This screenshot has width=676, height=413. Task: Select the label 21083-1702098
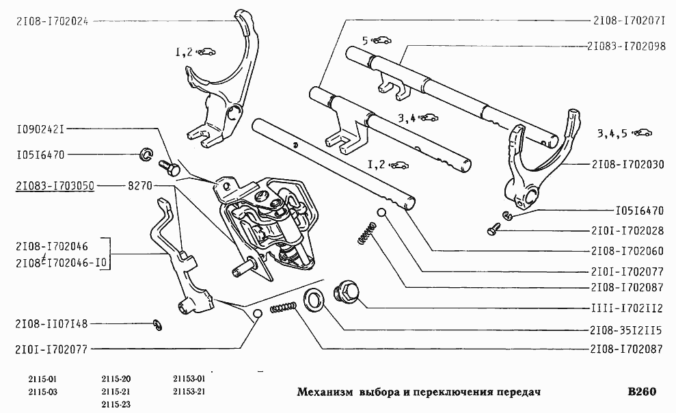(626, 46)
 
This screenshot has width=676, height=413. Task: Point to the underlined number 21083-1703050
(54, 185)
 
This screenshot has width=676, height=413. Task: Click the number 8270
(141, 185)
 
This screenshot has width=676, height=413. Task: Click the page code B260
(641, 392)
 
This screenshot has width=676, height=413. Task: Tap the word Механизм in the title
(325, 393)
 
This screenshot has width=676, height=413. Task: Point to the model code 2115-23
(116, 404)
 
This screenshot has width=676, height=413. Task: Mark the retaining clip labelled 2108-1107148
(157, 323)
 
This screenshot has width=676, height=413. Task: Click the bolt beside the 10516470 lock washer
(167, 165)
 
